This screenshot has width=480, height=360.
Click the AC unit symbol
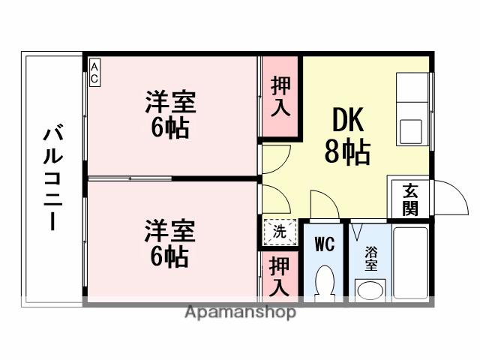[x=94, y=73]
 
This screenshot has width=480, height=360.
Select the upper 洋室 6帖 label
[x=170, y=114]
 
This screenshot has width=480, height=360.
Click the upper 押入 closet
[x=280, y=97]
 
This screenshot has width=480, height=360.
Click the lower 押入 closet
[x=280, y=275]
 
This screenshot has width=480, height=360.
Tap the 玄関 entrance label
[x=409, y=199]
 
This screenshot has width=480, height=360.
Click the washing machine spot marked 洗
[x=279, y=232]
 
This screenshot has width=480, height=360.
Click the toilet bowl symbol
[x=325, y=283]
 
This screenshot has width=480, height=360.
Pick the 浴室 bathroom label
[x=371, y=258]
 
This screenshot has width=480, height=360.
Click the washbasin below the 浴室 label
[x=370, y=289]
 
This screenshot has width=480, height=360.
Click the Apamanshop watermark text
[x=240, y=312]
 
